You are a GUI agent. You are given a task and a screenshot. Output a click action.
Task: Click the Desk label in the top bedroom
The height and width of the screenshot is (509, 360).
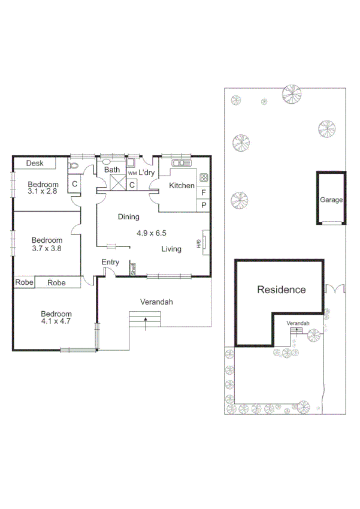coord(34,163)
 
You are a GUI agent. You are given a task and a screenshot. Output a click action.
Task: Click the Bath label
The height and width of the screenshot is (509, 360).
coord(113,170)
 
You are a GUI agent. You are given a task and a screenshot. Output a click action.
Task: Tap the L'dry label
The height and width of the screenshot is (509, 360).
coord(147,173)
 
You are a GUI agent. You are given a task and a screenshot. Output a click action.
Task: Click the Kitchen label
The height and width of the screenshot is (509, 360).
coord(181,186)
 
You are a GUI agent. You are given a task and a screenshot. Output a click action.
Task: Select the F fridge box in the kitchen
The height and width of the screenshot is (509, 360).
coord(204,193)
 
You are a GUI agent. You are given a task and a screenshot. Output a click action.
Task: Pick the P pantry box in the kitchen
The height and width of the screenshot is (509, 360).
coord(204,206)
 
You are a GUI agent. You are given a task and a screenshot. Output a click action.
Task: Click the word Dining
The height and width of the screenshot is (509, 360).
coord(128,217)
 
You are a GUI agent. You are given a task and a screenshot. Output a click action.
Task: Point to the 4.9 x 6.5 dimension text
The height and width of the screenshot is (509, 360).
coord(152,233)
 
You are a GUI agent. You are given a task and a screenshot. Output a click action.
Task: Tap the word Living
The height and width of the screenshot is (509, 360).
coord(171,249)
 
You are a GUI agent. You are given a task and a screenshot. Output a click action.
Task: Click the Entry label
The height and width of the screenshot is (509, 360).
coord(110,262)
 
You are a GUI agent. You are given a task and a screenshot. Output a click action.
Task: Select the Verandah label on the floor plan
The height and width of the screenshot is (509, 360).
coord(156,302)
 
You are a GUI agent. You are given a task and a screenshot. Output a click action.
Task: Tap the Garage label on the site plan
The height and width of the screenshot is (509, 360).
coord(331,200)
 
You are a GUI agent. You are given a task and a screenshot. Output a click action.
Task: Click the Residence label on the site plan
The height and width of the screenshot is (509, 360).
coord(281,290)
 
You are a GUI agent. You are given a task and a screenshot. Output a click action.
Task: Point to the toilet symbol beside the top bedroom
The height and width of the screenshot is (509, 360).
coord(74,166)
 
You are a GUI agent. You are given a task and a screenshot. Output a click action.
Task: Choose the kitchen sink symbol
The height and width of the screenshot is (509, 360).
coord(180,162)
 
